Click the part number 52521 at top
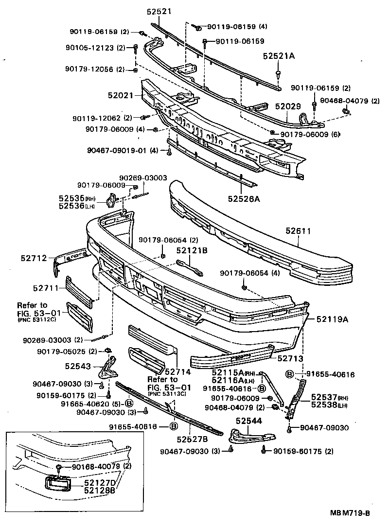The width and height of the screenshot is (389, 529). tap(160, 11)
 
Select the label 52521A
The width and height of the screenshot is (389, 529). tap(279, 56)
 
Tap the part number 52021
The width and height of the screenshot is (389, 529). tap(121, 96)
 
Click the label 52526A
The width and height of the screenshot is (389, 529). tap(242, 198)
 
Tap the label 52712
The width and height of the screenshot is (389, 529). tap(34, 258)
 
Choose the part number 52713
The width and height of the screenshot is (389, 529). tap(291, 358)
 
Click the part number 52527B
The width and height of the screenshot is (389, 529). tap(192, 439)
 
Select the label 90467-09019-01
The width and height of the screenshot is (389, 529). tap(116, 151)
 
